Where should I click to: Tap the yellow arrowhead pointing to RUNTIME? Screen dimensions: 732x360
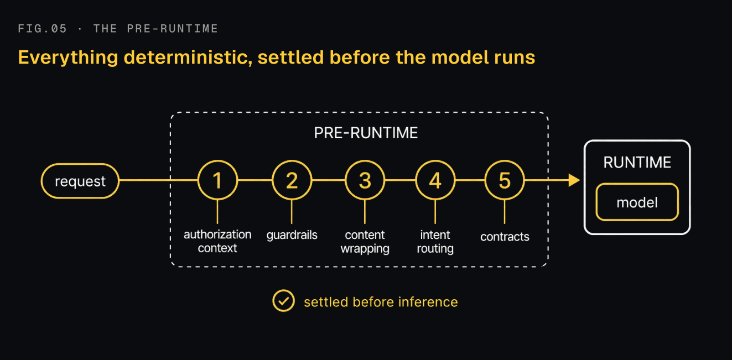(x=574, y=180)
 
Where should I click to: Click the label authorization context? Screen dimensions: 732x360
(x=217, y=242)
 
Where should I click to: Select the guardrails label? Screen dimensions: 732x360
(x=292, y=235)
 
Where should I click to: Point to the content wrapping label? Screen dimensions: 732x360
(x=365, y=242)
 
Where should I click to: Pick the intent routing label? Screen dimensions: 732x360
(x=435, y=242)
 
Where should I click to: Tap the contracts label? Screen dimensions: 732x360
(x=505, y=237)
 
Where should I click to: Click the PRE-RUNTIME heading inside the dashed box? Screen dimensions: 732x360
(x=366, y=133)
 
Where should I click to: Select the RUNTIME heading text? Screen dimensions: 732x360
(x=637, y=163)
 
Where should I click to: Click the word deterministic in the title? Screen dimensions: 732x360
(x=188, y=58)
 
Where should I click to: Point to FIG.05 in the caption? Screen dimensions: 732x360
(x=43, y=29)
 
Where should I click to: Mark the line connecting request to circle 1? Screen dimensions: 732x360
(x=158, y=180)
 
